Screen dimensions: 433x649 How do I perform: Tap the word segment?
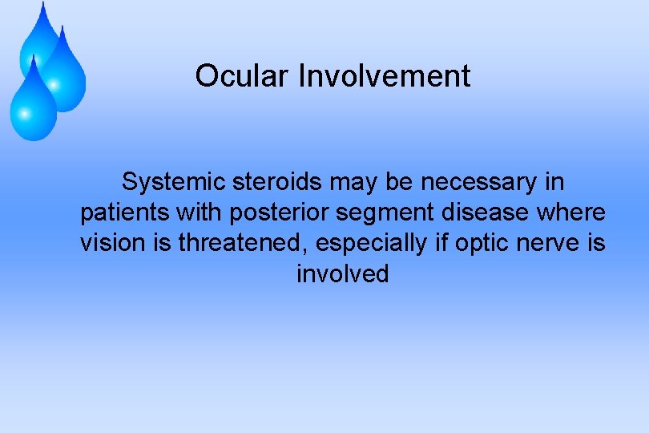pyautogui.click(x=376, y=213)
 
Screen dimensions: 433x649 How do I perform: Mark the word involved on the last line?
pyautogui.click(x=343, y=274)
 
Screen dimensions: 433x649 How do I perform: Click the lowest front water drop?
pyautogui.click(x=32, y=104)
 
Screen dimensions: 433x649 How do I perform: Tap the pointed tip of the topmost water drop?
pyautogui.click(x=42, y=3)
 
